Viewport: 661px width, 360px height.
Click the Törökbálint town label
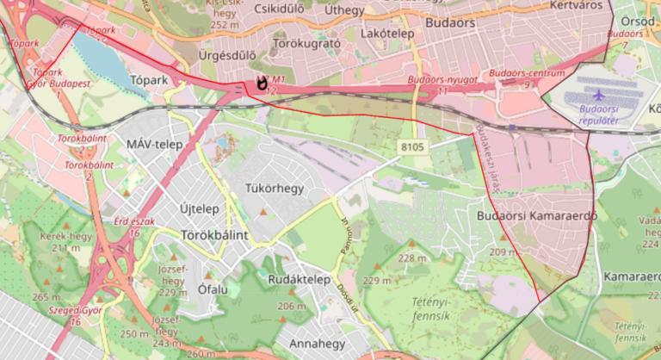pos(215,234)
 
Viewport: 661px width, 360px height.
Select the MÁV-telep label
pos(154,144)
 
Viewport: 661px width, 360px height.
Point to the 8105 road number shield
pos(412,148)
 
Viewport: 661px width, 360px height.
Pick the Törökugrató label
pos(306,41)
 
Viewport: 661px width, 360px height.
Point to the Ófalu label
pos(213,289)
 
